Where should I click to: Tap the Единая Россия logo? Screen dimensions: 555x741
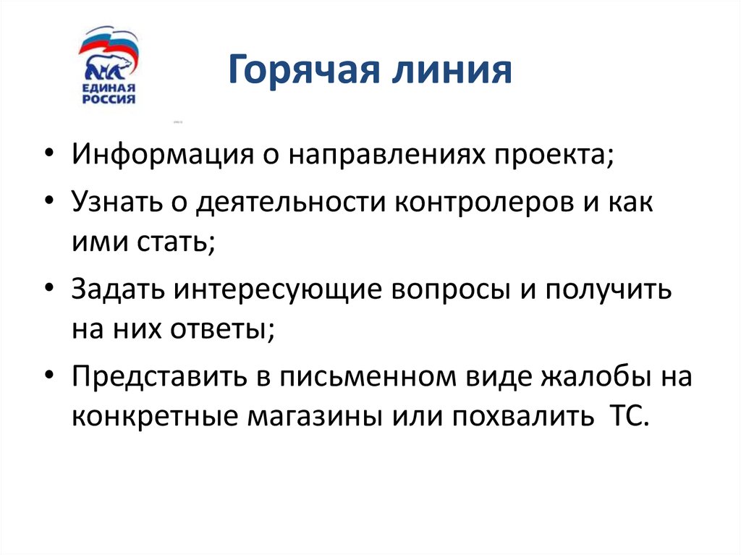coord(109,67)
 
